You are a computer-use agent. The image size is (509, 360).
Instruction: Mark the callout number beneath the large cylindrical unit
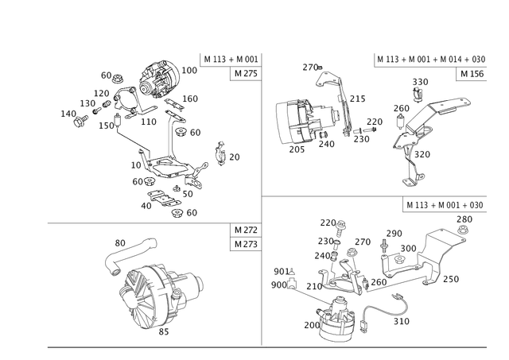[x=163, y=335]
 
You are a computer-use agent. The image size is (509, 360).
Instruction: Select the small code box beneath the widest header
[x=474, y=73]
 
